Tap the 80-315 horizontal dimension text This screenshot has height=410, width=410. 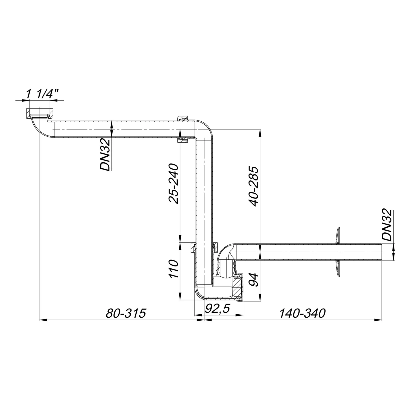pyautogui.click(x=126, y=314)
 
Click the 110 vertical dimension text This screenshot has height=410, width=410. pyautogui.click(x=174, y=269)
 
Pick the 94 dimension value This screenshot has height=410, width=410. pyautogui.click(x=254, y=279)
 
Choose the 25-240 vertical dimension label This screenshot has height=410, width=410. pyautogui.click(x=174, y=183)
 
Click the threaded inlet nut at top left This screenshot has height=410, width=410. pyautogui.click(x=40, y=113)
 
